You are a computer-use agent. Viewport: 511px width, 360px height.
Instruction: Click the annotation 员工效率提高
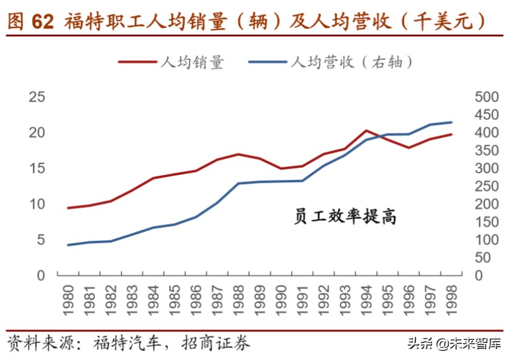tap(345, 216)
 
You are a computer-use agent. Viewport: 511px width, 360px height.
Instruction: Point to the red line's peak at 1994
tap(366, 130)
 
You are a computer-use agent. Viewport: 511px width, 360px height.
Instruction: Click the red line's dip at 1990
tap(281, 168)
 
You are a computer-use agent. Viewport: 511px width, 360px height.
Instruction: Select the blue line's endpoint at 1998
tap(451, 122)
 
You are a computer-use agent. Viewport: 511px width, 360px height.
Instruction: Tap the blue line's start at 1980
tap(68, 245)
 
